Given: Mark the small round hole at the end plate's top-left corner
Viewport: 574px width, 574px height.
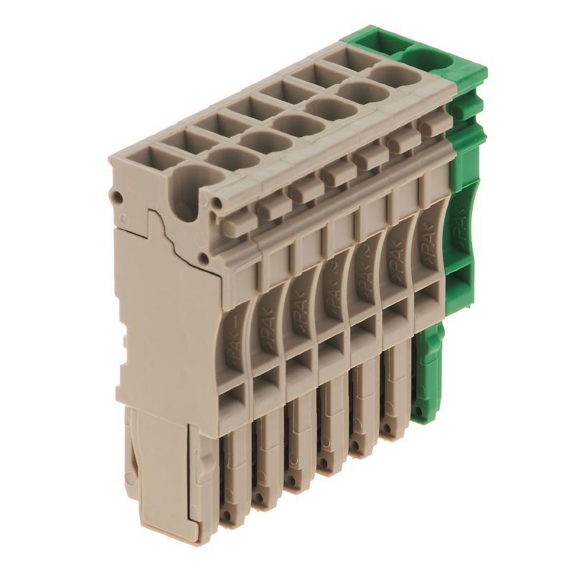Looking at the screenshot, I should pyautogui.click(x=117, y=194).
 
